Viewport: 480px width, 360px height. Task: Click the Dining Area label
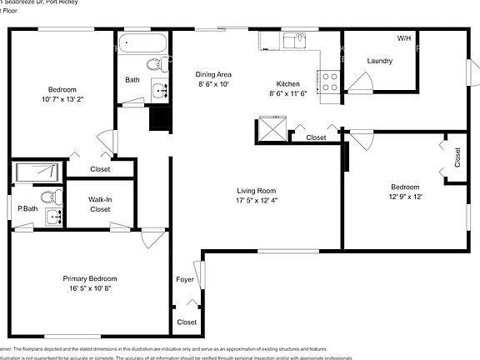tap(213, 73)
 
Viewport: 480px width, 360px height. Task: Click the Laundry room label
tap(380, 61)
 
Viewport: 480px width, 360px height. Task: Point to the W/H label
tap(404, 38)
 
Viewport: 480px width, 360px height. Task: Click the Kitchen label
tap(288, 83)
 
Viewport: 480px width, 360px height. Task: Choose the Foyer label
tap(185, 279)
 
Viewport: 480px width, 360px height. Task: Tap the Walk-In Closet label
tap(99, 204)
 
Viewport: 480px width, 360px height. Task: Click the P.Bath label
tap(26, 208)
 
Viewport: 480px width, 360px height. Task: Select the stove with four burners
tap(329, 82)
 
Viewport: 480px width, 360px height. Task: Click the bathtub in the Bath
tap(143, 42)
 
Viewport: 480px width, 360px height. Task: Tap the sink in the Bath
tap(158, 89)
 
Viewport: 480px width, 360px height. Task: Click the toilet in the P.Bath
tap(52, 197)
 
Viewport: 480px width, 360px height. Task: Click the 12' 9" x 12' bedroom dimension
tap(405, 197)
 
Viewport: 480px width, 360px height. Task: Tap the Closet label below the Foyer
tap(187, 322)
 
